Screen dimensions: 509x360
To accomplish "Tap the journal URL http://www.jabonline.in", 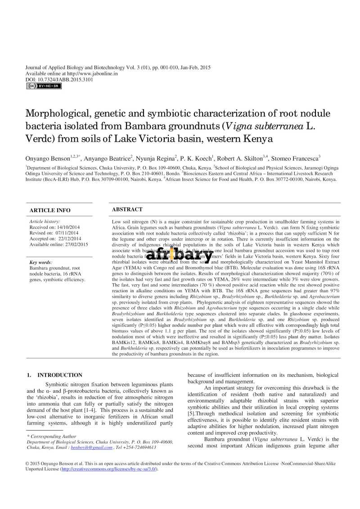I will tap(92, 73).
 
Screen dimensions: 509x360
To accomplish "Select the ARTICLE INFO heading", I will tap(50, 210).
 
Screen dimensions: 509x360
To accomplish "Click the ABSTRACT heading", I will tap(127, 209).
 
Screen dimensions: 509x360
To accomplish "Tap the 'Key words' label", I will tap(41, 262).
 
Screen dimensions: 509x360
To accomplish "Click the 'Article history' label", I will tap(45, 222).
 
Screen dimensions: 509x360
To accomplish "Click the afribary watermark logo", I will tap(180, 255).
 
